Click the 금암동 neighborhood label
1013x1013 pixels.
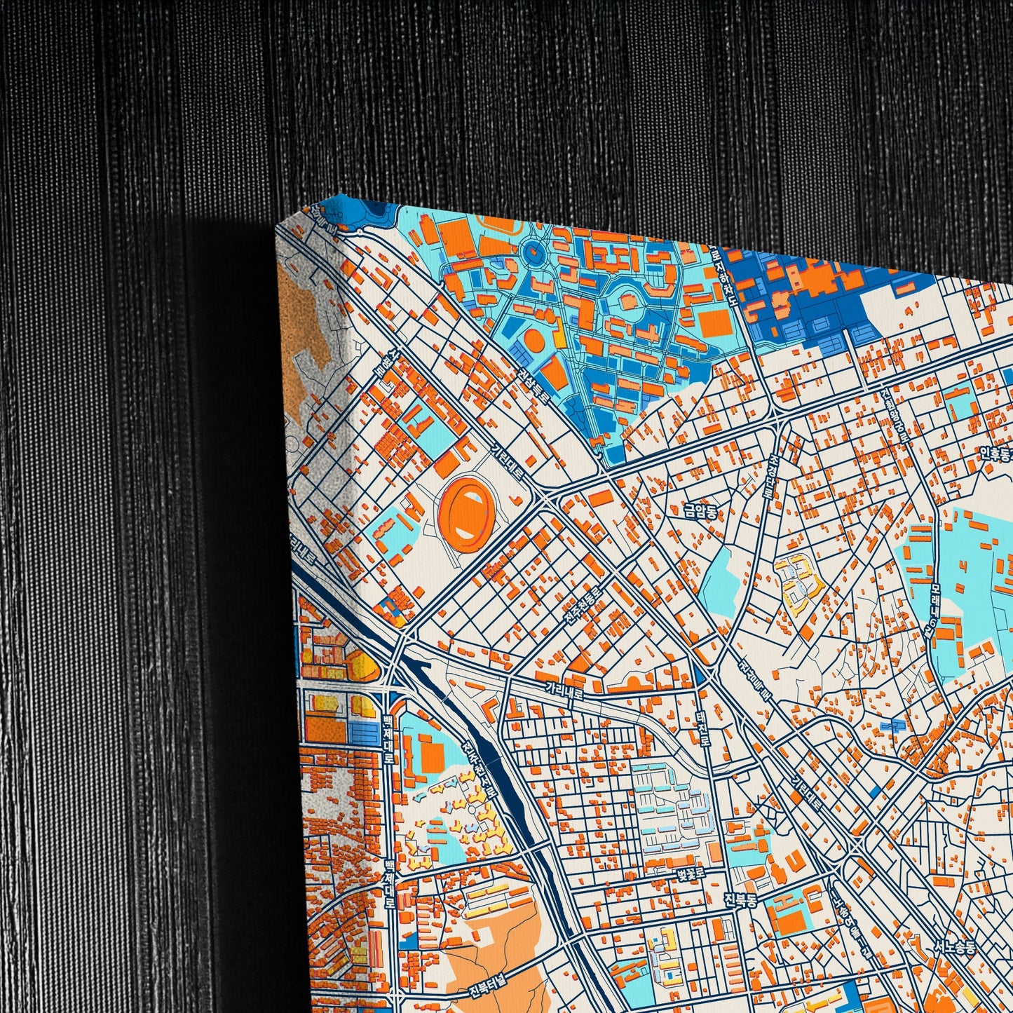[701, 511]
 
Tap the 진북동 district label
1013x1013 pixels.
[740, 899]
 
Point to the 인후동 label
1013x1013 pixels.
[996, 454]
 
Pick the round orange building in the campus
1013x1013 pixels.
[533, 341]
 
